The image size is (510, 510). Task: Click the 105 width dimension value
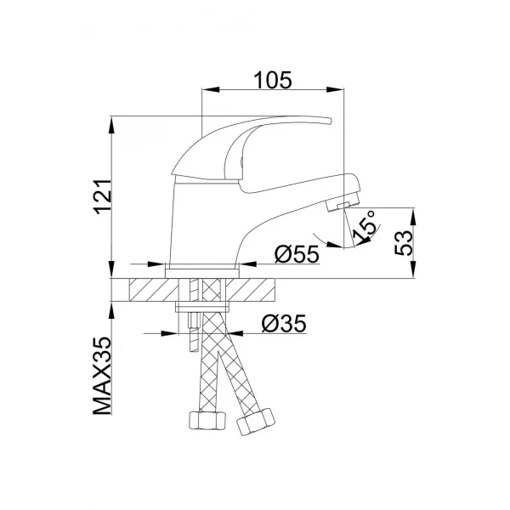pyautogui.click(x=273, y=80)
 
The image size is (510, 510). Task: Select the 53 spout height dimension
pyautogui.click(x=405, y=241)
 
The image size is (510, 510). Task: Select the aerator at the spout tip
pyautogui.click(x=343, y=205)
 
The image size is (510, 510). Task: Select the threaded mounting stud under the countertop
pyautogui.click(x=192, y=327)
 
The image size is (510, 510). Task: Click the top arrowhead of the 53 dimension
pyautogui.click(x=413, y=211)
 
